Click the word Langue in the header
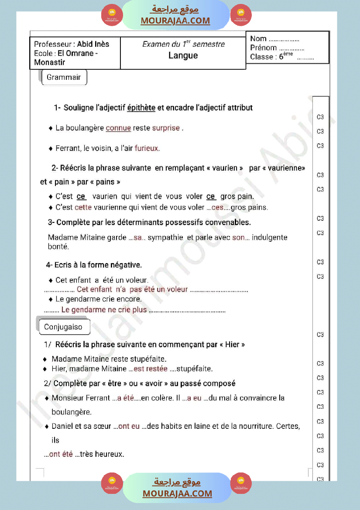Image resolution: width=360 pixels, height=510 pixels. coord(183,55)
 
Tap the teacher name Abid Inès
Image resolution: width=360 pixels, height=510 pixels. coord(93,44)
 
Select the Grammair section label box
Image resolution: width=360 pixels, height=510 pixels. coord(64,77)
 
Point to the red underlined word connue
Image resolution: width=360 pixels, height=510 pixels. coord(118,128)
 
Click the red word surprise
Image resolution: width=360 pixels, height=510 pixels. coord(166,128)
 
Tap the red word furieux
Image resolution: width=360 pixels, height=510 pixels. coord(147,148)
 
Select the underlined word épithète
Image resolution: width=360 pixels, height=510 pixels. coord(141,107)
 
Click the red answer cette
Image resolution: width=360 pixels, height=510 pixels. coord(83,207)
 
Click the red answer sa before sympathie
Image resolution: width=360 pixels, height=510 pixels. coord(138,238)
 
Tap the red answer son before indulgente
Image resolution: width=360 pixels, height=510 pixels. coord(238,238)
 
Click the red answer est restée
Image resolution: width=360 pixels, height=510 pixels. coord(151,369)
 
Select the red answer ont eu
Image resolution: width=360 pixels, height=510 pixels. coord(129,426)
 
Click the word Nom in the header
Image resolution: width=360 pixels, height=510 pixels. coord(258,38)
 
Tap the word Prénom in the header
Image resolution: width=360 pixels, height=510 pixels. coord(264,48)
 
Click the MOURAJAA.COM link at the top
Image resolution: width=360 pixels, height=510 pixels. coord(175,21)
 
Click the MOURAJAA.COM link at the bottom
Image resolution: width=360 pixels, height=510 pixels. coord(177,493)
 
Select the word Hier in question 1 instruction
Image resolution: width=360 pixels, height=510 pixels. coord(233,345)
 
